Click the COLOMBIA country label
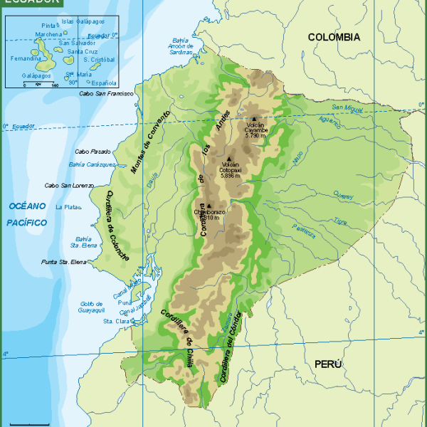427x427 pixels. [x=333, y=37]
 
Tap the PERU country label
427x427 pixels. [x=328, y=364]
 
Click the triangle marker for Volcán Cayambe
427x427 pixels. [x=253, y=119]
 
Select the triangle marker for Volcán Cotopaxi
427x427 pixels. [x=229, y=159]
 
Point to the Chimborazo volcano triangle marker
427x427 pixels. [x=209, y=206]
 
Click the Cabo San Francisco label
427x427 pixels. [x=106, y=93]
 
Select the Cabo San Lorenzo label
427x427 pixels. [x=69, y=186]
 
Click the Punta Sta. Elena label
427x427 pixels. [x=64, y=263]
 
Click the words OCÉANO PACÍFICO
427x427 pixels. [x=28, y=214]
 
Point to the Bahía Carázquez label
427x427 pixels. [x=91, y=164]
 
